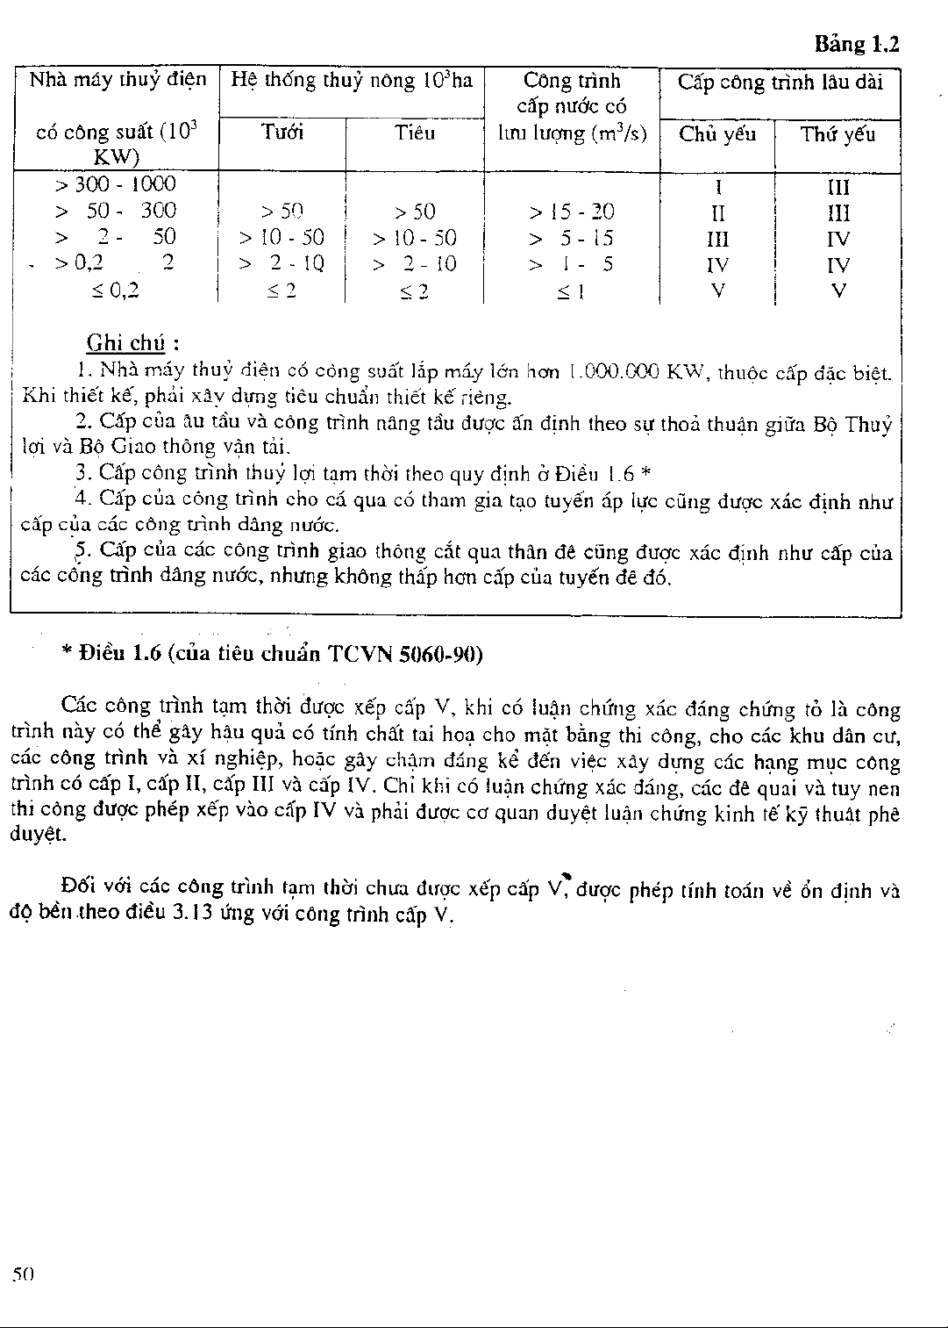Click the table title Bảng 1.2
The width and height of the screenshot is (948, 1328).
click(x=857, y=44)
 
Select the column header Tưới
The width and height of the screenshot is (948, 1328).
click(x=282, y=133)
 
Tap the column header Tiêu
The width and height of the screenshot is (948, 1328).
click(x=414, y=133)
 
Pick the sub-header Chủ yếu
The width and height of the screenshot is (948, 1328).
click(x=717, y=134)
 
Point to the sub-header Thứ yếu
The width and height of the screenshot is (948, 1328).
click(x=838, y=134)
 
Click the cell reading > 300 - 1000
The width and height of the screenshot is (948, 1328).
click(x=115, y=184)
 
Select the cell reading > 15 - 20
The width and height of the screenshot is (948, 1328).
click(x=571, y=212)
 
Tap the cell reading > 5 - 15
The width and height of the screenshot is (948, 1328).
click(x=571, y=238)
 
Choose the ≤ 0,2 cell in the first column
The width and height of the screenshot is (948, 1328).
click(x=115, y=291)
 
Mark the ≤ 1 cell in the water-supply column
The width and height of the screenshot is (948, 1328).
click(x=571, y=291)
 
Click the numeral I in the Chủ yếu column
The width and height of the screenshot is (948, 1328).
click(x=718, y=187)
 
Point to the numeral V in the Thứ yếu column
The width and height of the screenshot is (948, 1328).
click(x=838, y=291)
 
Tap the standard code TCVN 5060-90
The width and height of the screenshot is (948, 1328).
click(x=405, y=655)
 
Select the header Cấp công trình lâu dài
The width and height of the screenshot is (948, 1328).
click(x=780, y=83)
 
